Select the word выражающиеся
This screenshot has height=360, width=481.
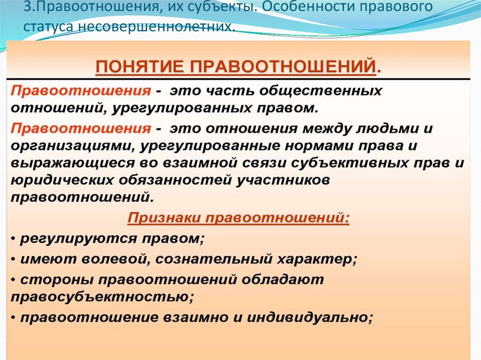click(x=63, y=163)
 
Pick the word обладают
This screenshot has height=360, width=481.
click(x=283, y=279)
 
